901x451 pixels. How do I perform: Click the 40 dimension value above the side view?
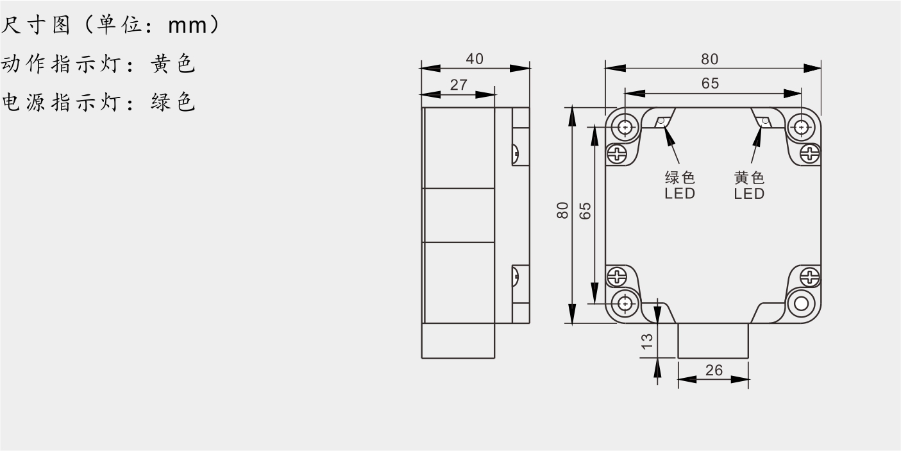click(x=475, y=59)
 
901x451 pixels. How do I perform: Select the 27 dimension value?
click(x=459, y=85)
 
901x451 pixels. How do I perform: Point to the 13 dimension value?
click(x=647, y=341)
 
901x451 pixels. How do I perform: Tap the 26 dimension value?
click(x=714, y=370)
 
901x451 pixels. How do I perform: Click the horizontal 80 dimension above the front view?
click(x=709, y=60)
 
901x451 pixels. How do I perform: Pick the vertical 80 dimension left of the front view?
click(x=562, y=210)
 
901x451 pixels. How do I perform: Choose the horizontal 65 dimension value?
click(x=710, y=83)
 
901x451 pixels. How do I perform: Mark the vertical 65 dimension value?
click(x=585, y=211)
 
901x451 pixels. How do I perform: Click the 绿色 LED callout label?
click(x=680, y=185)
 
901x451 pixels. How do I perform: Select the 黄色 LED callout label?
click(x=749, y=185)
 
